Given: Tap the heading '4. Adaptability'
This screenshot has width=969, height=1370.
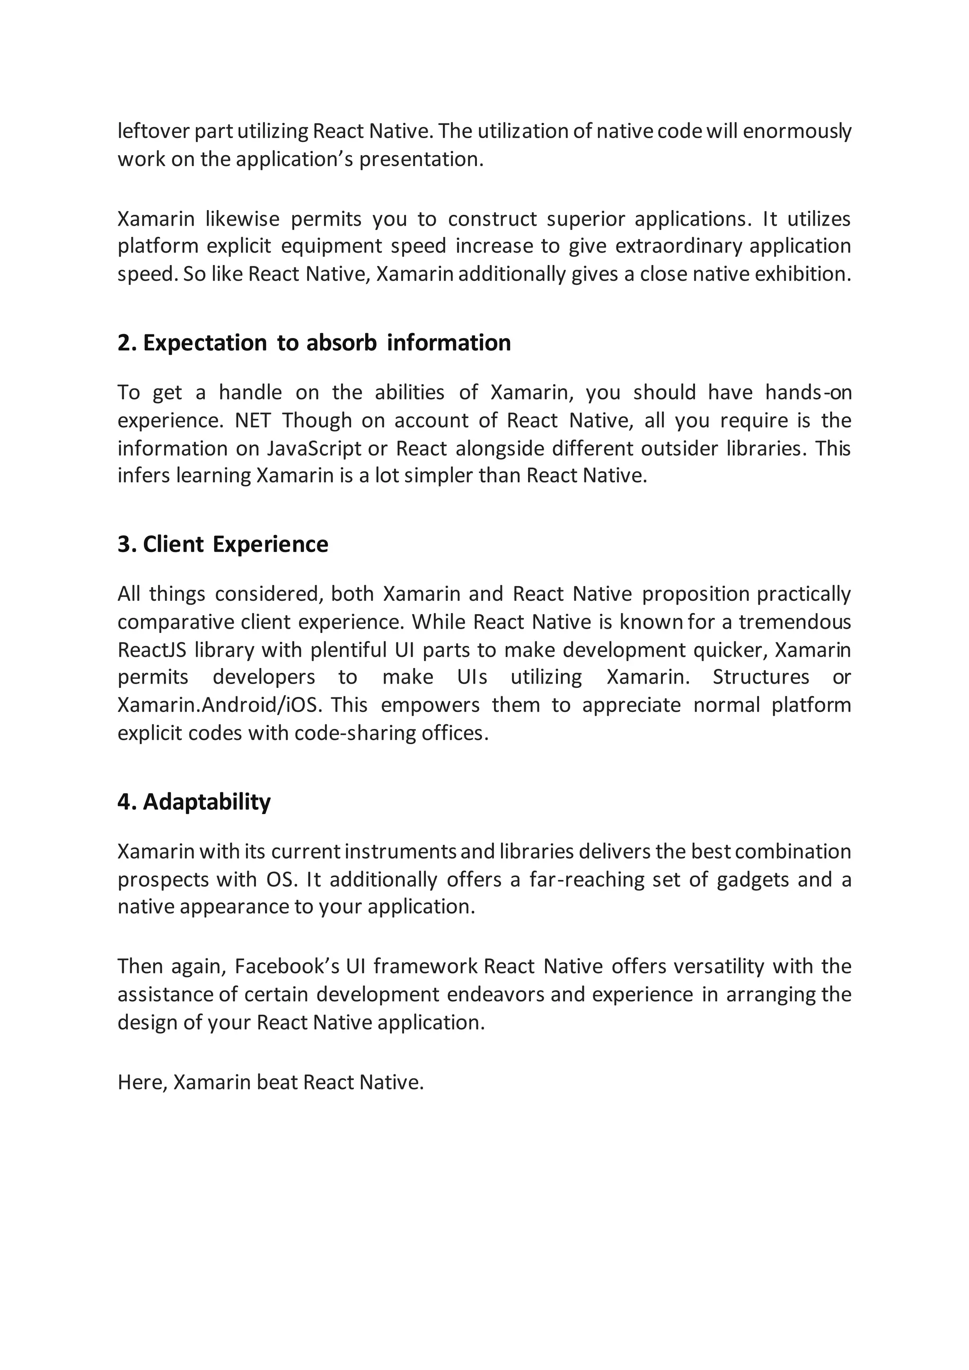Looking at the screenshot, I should point(194,802).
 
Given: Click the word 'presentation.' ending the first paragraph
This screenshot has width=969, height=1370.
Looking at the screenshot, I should point(421,159).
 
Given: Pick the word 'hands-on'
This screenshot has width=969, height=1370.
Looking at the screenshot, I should point(809,393).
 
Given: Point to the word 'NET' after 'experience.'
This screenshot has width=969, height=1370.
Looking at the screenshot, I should point(252,421).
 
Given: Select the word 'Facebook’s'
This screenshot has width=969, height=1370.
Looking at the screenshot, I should point(286,966).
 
